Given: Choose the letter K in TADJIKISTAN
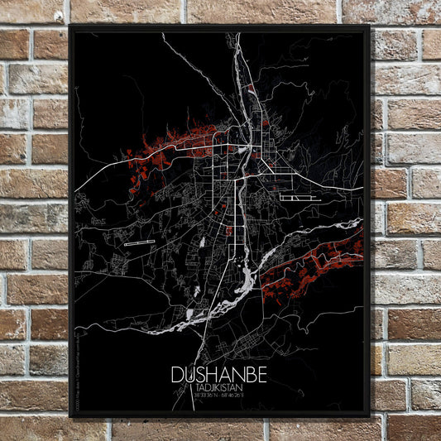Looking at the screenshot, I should point(218,386).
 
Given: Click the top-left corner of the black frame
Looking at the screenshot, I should point(71,26).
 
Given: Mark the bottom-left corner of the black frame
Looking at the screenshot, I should point(71,415).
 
